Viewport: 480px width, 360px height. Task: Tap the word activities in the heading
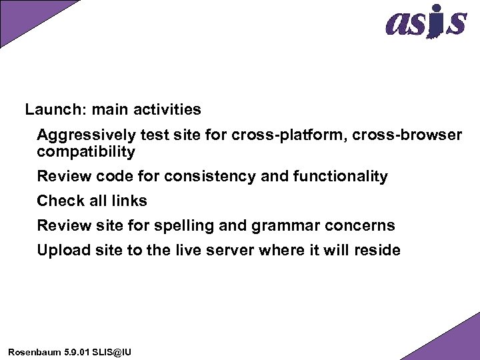pos(169,109)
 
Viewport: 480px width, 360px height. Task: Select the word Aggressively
pos(86,135)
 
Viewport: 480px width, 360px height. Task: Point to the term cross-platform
pos(287,135)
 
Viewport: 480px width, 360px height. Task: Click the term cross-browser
pos(407,135)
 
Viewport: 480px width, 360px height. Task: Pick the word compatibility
pos(86,152)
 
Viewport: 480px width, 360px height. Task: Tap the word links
pos(130,201)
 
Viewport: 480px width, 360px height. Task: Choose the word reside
pos(377,251)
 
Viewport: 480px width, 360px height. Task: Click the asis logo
pos(425,21)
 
